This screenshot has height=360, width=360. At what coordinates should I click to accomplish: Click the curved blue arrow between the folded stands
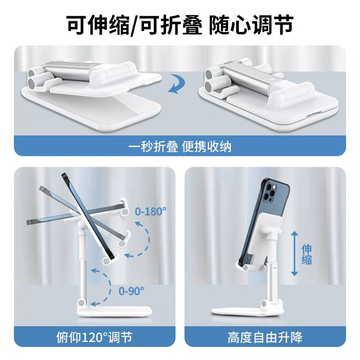coord(175,85)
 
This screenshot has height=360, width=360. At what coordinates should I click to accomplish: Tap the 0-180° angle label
coord(151,211)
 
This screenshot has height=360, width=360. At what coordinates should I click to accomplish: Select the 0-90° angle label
coord(131,291)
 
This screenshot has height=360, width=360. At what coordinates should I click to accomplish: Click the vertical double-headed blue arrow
coord(294,254)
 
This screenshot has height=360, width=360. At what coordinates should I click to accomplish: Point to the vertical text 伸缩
coord(307,254)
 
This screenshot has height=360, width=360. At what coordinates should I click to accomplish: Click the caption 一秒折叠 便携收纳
coord(180,147)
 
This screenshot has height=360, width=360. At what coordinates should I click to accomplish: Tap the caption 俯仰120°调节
coord(94,337)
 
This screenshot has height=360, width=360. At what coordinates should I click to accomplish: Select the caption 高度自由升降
coord(265,337)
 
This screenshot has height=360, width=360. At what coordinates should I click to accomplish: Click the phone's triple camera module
coord(270,193)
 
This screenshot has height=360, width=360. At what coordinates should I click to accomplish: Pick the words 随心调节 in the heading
coord(251,25)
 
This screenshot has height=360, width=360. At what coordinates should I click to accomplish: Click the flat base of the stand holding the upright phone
coord(247,310)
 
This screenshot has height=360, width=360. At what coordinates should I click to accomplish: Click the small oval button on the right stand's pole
coord(275,268)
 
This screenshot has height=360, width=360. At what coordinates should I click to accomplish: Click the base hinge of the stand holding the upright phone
coord(265,304)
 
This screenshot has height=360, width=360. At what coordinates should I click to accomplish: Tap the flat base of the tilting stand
coord(115,311)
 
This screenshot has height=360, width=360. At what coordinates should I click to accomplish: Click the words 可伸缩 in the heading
coord(99,25)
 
